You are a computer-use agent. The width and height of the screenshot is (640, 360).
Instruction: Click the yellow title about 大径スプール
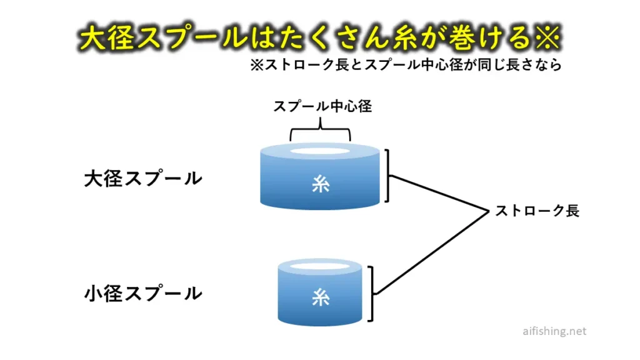click(x=319, y=38)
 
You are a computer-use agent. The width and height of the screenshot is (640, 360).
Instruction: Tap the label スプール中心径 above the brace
click(x=322, y=106)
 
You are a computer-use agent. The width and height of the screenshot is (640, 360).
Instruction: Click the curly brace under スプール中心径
click(x=320, y=132)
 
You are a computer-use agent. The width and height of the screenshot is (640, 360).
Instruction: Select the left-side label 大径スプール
click(x=143, y=179)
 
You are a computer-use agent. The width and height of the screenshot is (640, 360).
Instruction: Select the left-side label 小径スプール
click(x=143, y=293)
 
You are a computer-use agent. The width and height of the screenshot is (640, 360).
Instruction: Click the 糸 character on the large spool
click(x=320, y=185)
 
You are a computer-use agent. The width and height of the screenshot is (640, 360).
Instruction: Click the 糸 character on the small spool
click(x=320, y=299)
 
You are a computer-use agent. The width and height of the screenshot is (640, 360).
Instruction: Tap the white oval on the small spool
click(x=320, y=267)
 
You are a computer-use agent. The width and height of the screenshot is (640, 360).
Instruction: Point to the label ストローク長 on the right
click(x=537, y=211)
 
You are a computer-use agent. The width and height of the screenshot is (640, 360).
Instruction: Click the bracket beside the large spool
click(x=389, y=176)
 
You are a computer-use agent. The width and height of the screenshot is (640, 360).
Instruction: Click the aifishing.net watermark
click(x=554, y=332)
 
